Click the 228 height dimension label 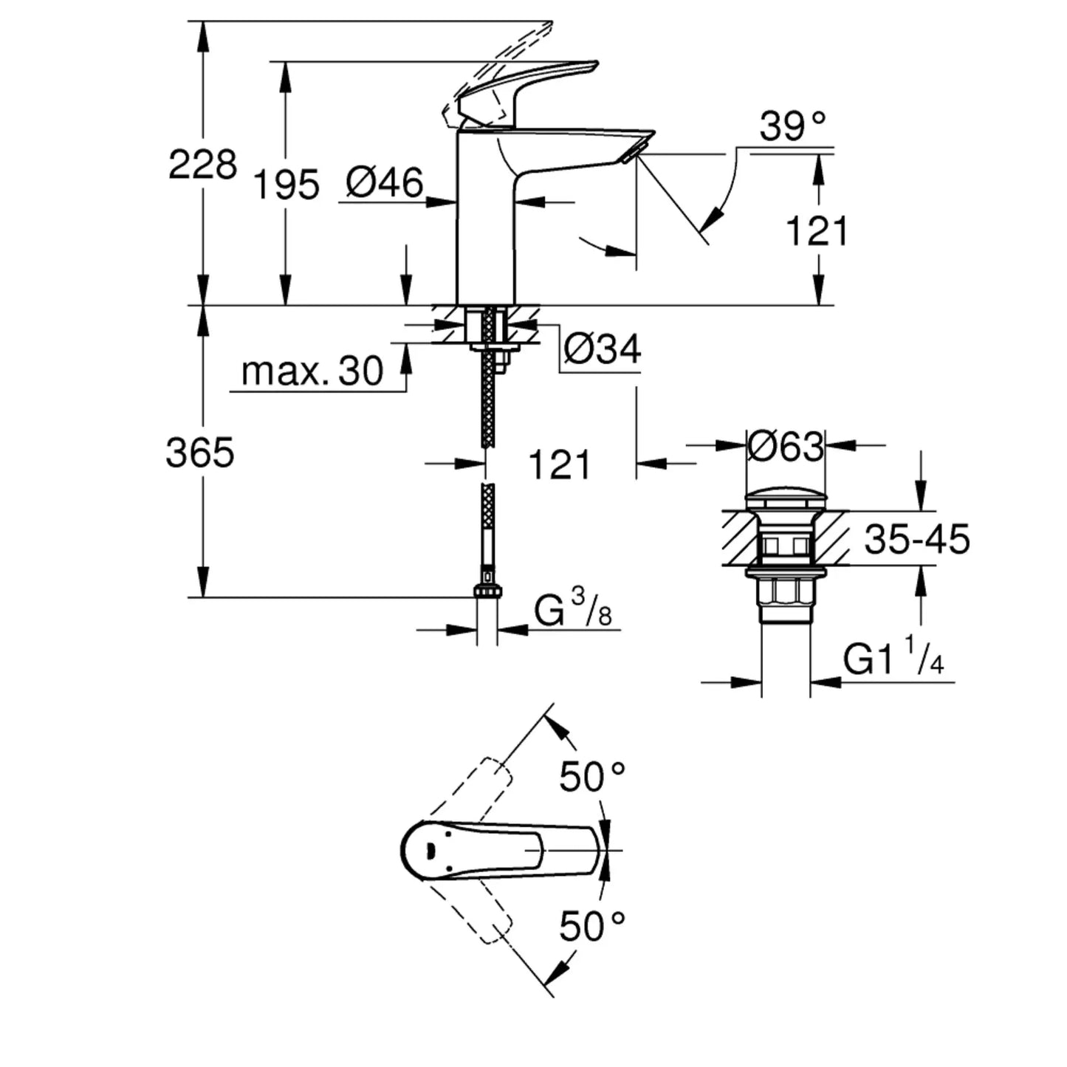point(202,164)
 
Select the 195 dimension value point(287,185)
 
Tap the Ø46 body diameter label point(385,183)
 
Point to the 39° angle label point(793,126)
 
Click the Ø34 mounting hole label point(603,349)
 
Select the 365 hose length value point(199,452)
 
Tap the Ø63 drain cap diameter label point(786,446)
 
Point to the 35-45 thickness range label point(916,540)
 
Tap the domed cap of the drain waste point(786,497)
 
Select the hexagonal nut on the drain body point(786,592)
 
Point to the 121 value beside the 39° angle point(817,232)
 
